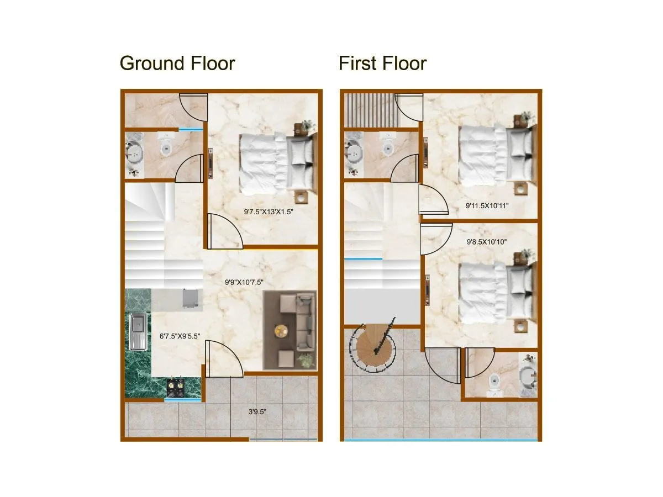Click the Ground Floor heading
coord(177,64)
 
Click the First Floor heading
coord(382,64)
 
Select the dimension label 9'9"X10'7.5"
coord(243,282)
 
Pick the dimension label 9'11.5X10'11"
coord(487,207)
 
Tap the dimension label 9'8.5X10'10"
coord(486,241)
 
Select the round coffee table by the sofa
coord(282,331)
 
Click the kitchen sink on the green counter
coord(136,331)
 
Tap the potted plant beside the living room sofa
coord(304,361)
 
